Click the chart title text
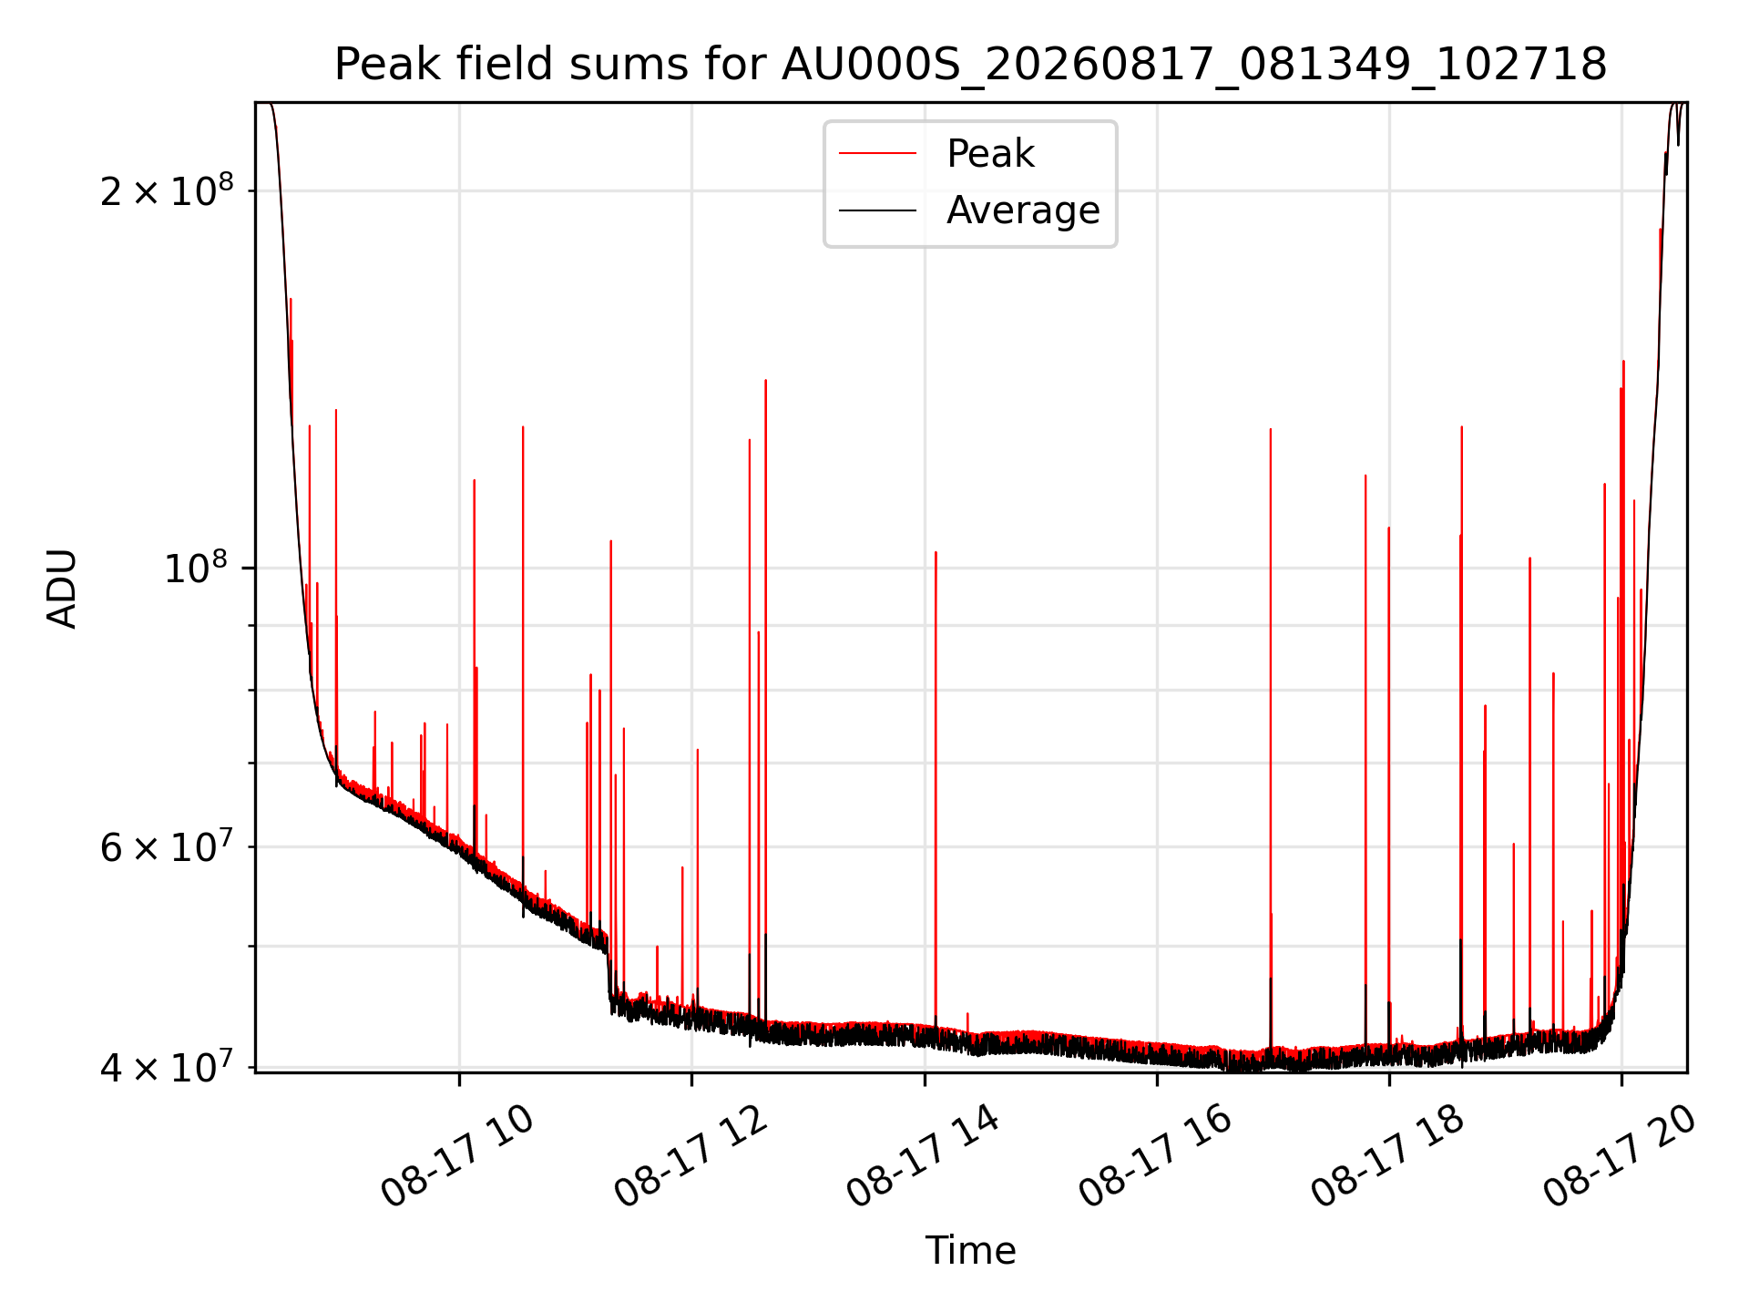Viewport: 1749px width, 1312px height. click(970, 65)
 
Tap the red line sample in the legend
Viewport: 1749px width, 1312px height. click(877, 154)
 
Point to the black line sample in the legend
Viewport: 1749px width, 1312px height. click(877, 210)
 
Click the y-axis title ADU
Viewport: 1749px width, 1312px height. click(62, 588)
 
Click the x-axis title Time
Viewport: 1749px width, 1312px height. click(970, 1250)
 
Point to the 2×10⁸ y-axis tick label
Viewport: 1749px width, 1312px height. click(167, 190)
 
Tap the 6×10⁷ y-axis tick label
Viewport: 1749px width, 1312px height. click(167, 846)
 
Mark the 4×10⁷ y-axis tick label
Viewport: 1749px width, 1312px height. click(167, 1066)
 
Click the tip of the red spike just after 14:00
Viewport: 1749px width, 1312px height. click(936, 552)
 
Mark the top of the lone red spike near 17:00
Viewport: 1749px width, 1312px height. click(1271, 429)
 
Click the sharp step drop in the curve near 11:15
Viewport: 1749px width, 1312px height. click(609, 975)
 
